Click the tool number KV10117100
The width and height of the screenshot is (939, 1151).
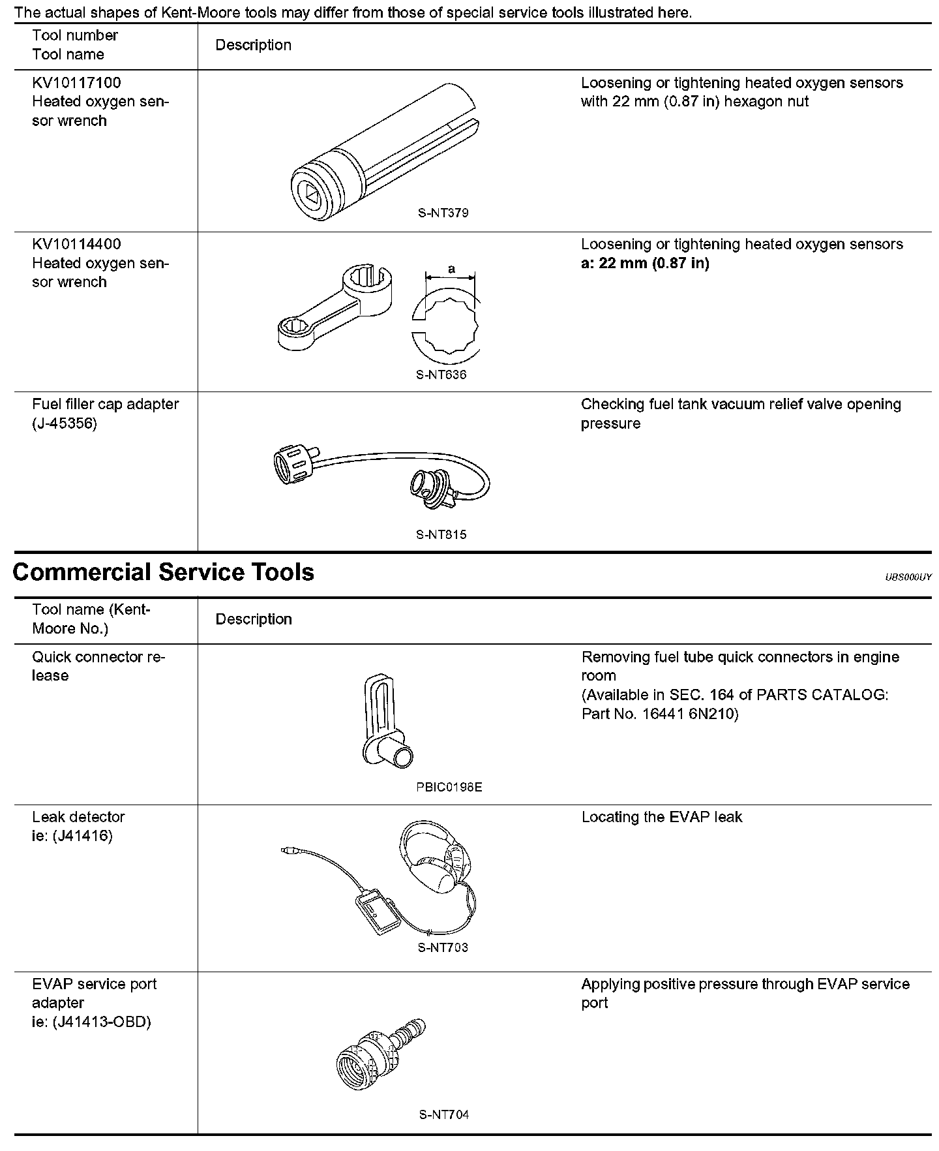pyautogui.click(x=76, y=83)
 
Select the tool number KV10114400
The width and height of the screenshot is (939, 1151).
pyautogui.click(x=76, y=244)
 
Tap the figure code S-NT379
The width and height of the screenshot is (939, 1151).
pyautogui.click(x=443, y=213)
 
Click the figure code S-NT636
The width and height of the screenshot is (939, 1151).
pyautogui.click(x=441, y=375)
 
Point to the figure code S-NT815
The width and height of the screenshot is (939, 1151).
pyautogui.click(x=441, y=534)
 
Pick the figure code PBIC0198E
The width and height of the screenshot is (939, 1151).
pyautogui.click(x=449, y=787)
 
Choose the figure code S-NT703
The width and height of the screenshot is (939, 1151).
pyautogui.click(x=443, y=947)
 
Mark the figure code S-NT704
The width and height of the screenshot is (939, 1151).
pyautogui.click(x=443, y=1114)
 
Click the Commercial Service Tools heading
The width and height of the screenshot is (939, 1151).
pyautogui.click(x=163, y=572)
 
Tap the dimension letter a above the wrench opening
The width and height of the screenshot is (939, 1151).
pyautogui.click(x=451, y=269)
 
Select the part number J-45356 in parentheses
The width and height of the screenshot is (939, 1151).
pyautogui.click(x=65, y=423)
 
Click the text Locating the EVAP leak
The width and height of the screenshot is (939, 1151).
pyautogui.click(x=661, y=817)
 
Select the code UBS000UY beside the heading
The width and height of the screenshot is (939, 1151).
pyautogui.click(x=908, y=577)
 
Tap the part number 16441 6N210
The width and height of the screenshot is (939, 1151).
pyautogui.click(x=689, y=714)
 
